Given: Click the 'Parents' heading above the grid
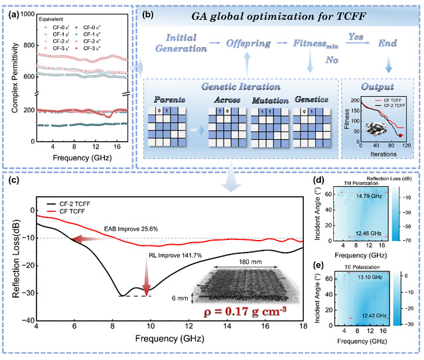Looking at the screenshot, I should point(171,101).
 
